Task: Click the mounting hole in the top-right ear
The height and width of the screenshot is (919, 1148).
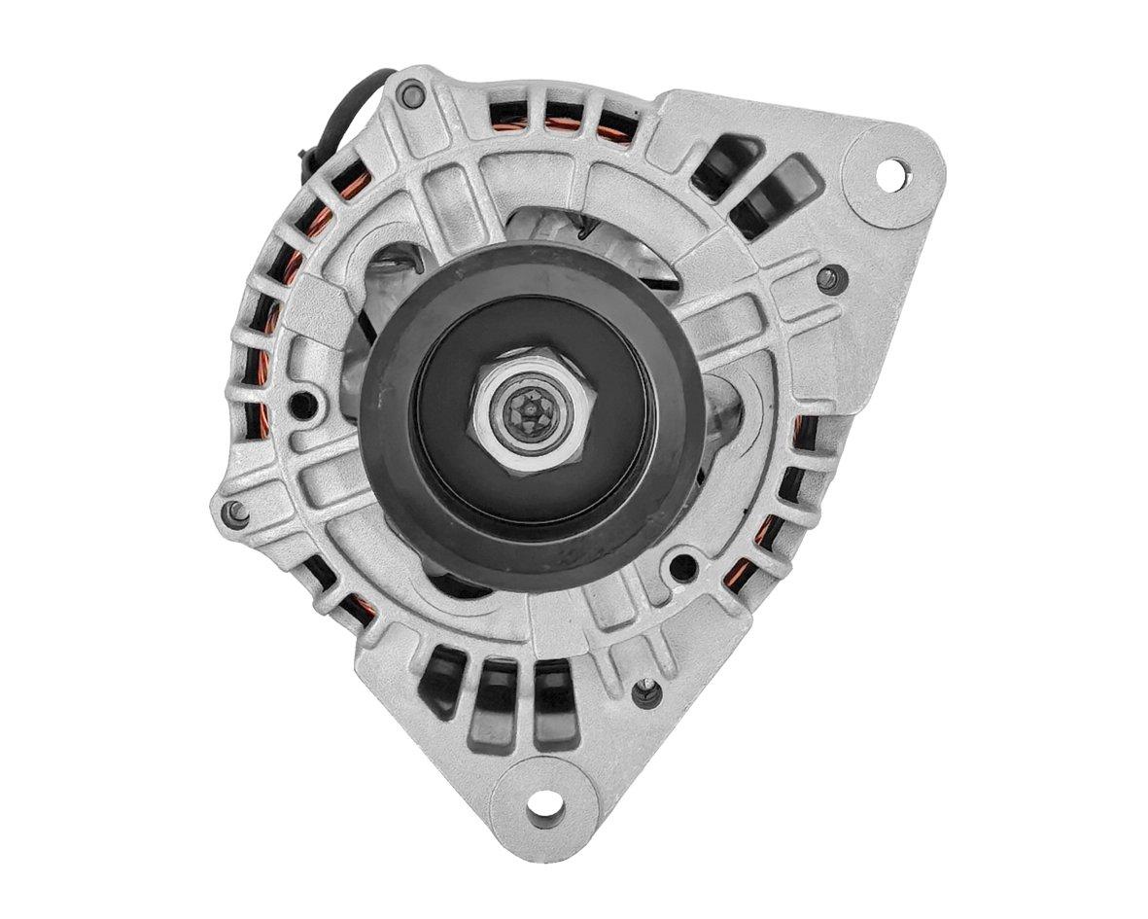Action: (x=890, y=175)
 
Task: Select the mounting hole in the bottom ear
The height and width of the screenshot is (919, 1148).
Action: (x=544, y=803)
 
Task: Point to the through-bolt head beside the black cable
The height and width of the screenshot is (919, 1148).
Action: (x=412, y=95)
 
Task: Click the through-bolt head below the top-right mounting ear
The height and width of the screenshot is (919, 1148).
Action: (x=829, y=279)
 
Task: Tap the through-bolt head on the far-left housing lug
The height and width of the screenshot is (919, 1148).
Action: (x=235, y=513)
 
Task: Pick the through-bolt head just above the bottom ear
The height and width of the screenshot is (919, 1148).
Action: (x=646, y=692)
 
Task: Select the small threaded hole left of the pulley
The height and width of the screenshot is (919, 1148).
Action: (x=304, y=404)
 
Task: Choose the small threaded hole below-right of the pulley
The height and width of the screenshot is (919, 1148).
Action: (x=683, y=567)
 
